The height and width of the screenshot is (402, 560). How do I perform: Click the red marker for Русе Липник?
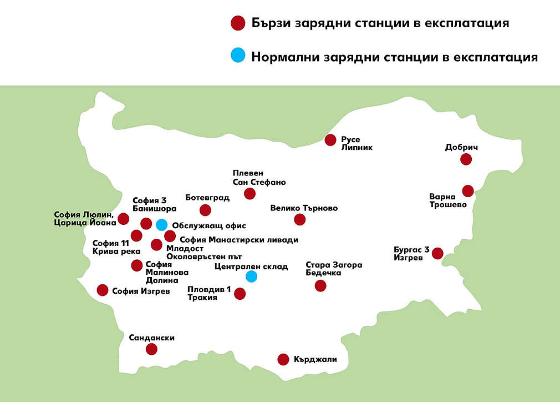[331, 140]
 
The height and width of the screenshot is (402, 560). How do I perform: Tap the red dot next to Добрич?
[466, 159]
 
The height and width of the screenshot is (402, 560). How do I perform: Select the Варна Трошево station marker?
[468, 191]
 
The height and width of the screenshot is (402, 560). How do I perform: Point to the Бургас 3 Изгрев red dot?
[437, 253]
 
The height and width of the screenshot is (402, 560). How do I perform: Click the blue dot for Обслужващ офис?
[161, 225]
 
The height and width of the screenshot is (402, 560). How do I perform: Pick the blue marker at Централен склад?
[252, 276]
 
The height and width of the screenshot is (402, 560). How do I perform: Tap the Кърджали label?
[315, 359]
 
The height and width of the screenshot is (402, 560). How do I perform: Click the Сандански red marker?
[151, 349]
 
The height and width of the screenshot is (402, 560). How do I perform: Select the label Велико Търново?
[304, 209]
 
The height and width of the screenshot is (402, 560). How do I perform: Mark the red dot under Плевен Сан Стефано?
[250, 193]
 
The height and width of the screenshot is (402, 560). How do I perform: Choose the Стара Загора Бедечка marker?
[320, 285]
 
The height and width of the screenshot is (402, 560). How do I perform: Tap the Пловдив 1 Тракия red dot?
[240, 294]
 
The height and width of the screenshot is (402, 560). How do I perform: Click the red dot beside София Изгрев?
[103, 290]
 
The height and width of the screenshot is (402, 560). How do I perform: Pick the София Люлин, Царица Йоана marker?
[124, 219]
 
